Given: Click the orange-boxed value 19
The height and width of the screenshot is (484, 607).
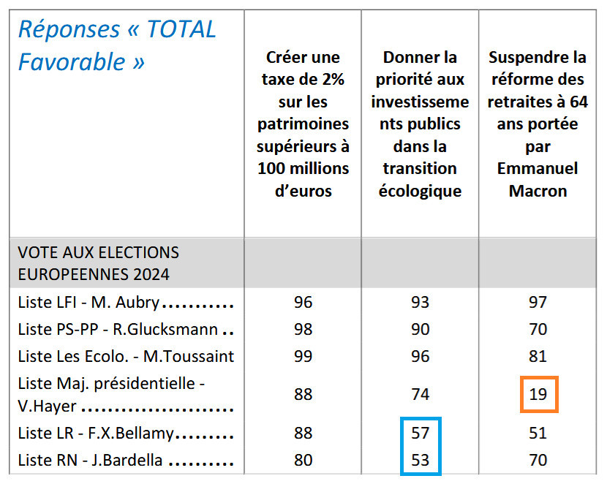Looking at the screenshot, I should [538, 395].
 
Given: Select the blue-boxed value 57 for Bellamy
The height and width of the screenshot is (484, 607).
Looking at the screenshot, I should [420, 434].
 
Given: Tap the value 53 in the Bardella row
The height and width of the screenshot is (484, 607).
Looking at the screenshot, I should [420, 461].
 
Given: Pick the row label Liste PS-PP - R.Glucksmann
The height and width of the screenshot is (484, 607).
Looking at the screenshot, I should [118, 330].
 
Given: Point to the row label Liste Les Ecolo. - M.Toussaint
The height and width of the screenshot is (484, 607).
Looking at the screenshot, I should [126, 357].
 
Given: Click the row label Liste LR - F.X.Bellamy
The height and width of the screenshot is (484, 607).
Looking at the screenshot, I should [96, 434].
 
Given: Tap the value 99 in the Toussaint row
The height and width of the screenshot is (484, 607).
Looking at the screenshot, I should [303, 357].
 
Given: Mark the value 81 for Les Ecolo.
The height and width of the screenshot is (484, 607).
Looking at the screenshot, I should [538, 357].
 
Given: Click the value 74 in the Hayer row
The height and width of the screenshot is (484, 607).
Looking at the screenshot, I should [420, 395].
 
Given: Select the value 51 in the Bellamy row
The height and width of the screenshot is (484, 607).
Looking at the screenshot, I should [538, 434].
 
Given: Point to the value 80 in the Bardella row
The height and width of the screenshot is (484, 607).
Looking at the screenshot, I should [303, 461].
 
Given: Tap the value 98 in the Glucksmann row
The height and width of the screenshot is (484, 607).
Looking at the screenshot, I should [303, 330].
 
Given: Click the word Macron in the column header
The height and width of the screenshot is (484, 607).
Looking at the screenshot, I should [538, 192].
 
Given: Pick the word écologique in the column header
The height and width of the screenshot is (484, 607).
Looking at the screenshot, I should [420, 192].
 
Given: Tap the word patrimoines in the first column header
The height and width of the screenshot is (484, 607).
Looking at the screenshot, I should [303, 124].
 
